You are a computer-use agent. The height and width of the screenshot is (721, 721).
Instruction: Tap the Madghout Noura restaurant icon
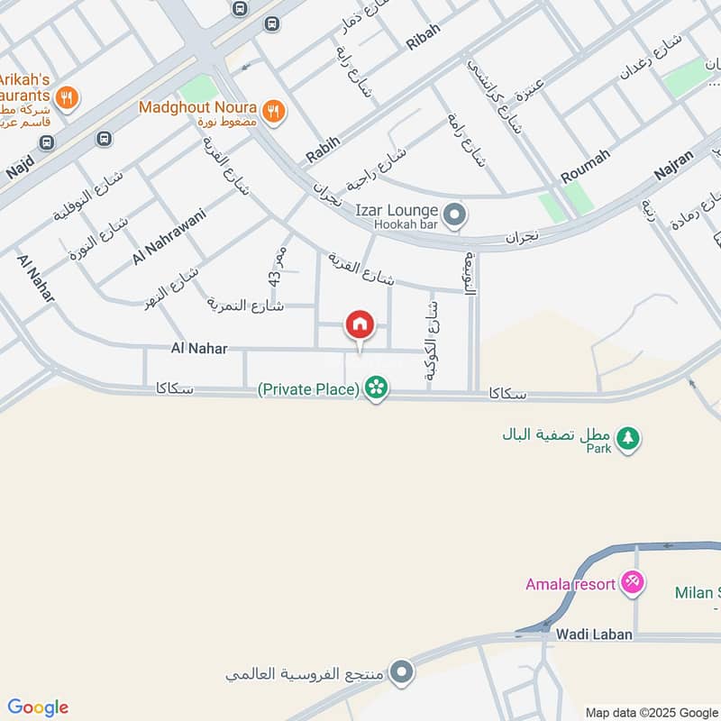tap(277, 110)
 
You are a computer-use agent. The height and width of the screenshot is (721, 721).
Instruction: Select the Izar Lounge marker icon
tap(456, 215)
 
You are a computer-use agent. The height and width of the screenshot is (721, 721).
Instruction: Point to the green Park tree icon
tap(629, 439)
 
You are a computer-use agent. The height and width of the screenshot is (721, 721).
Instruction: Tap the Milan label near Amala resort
tap(696, 592)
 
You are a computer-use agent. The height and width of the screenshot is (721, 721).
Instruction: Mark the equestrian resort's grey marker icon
tap(402, 671)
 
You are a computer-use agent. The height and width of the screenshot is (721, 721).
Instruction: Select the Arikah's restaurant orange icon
tap(66, 96)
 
